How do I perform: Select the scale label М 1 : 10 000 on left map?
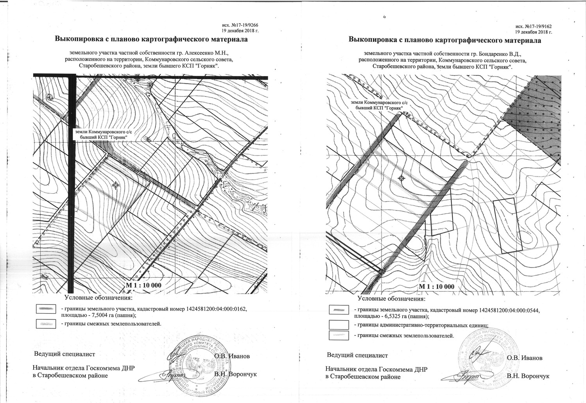tap(143, 285)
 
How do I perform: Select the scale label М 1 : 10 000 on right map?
tap(437, 286)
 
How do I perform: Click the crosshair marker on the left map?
tap(115, 185)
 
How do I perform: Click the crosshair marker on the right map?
tap(401, 178)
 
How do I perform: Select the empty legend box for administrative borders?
tap(339, 325)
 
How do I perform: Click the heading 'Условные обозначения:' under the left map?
tap(96, 298)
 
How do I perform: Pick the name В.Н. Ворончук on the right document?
tap(528, 376)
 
